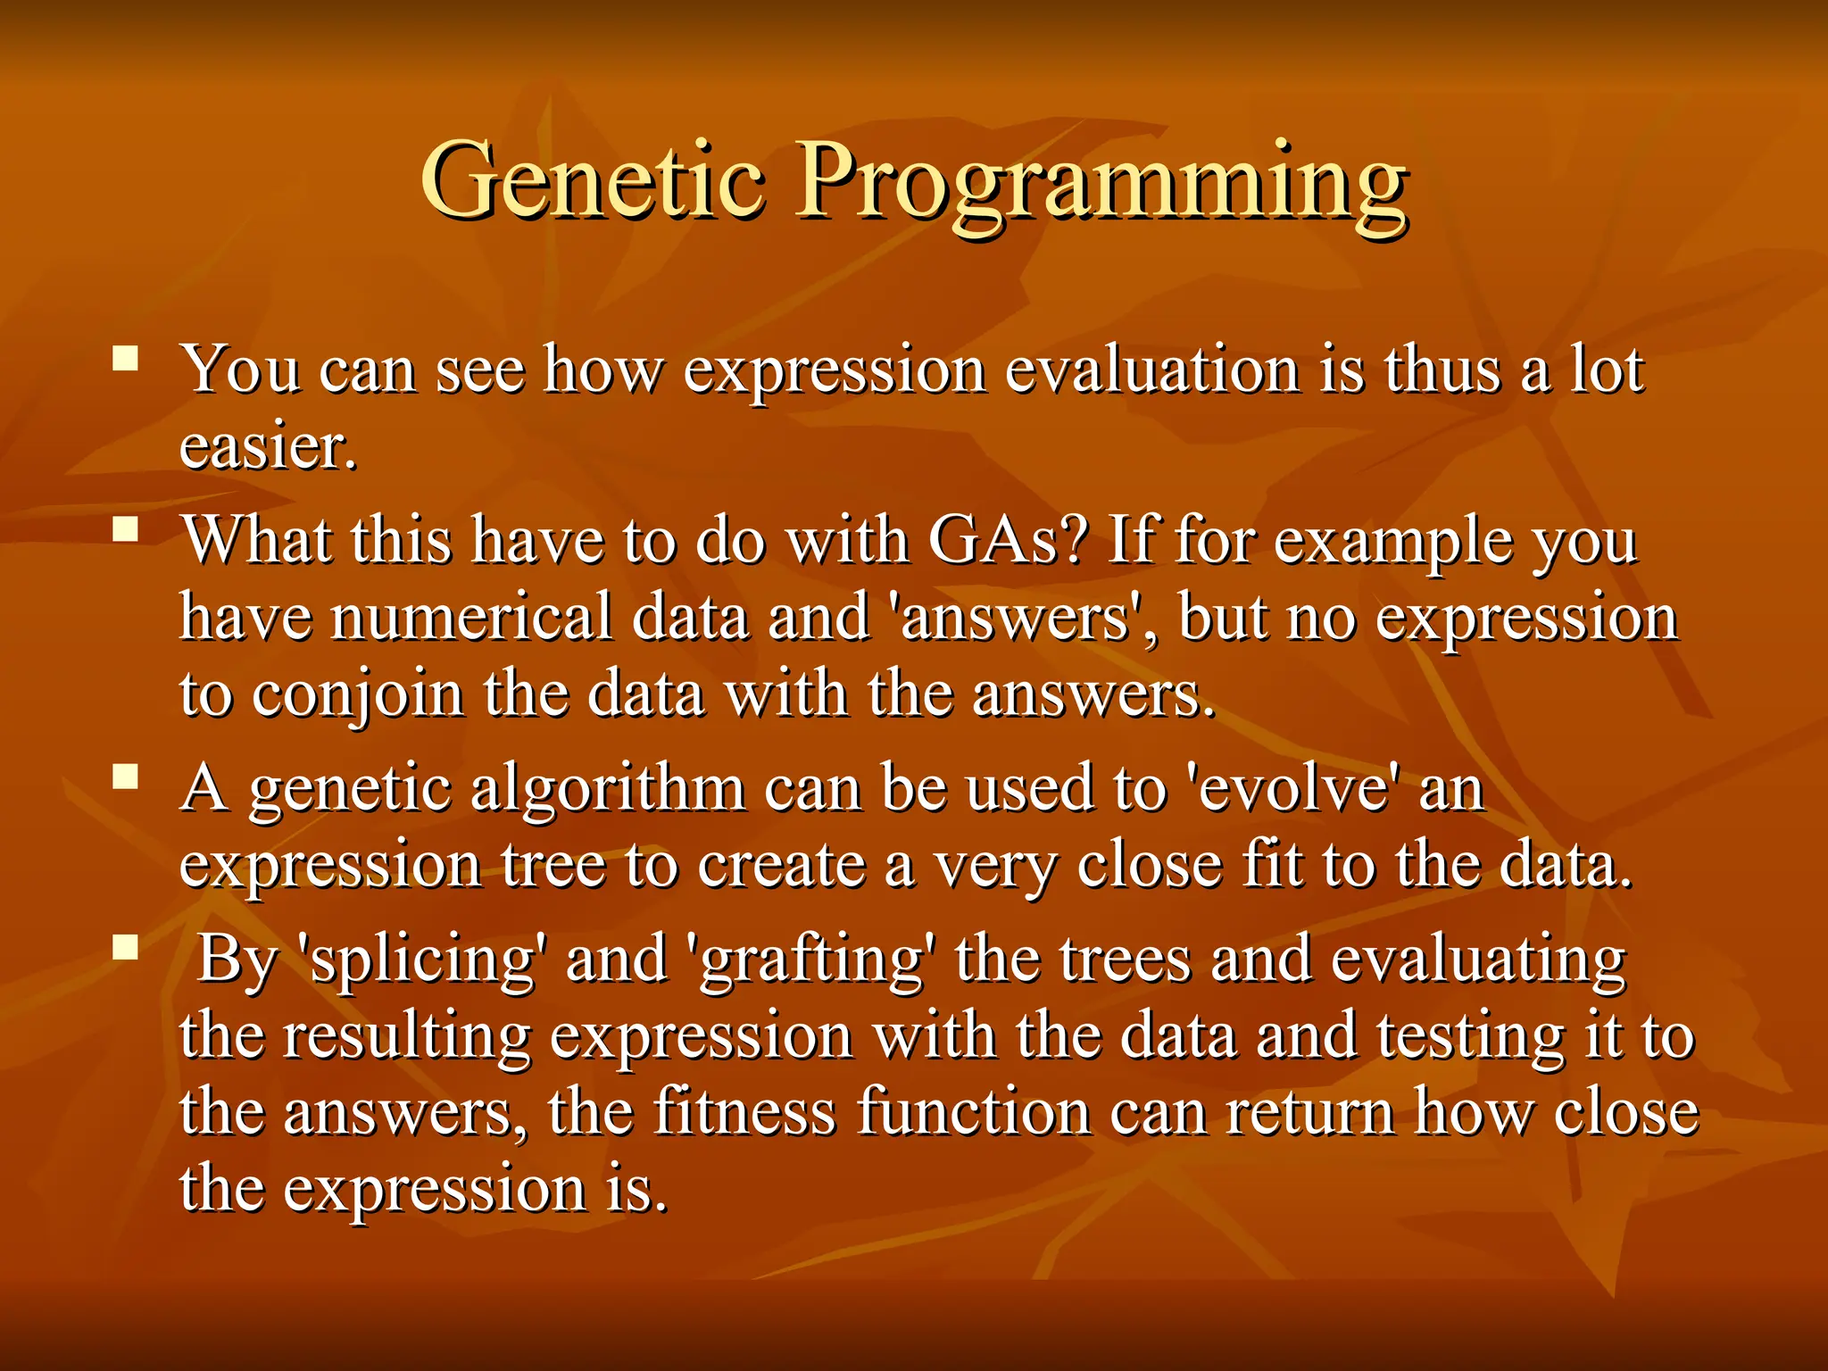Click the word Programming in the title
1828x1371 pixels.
(x=1101, y=187)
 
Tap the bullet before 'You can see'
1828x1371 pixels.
(x=126, y=359)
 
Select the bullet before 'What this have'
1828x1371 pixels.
(x=126, y=531)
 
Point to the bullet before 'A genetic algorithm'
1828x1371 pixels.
(x=126, y=777)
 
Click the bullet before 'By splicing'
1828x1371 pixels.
(x=126, y=947)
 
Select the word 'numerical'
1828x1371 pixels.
(x=471, y=618)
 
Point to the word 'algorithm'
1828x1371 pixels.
(x=608, y=791)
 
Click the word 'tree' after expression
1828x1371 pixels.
(x=553, y=866)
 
